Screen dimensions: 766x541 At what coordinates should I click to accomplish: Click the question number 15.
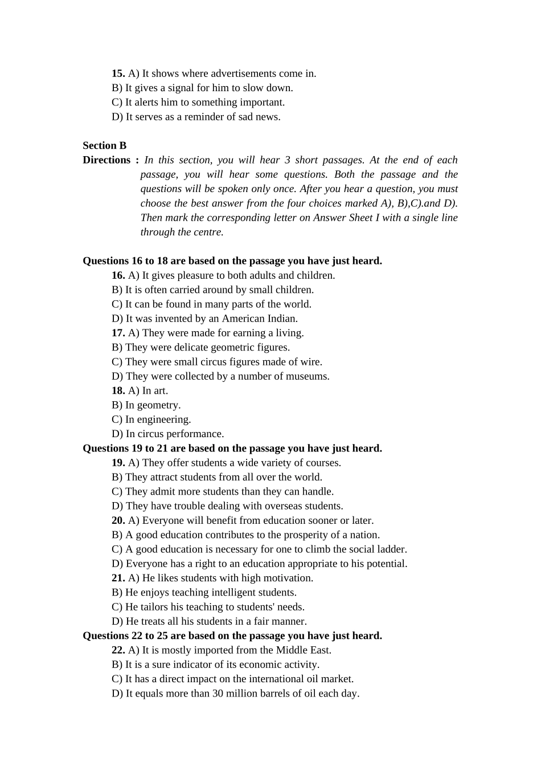click(118, 74)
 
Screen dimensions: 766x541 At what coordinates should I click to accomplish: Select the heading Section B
click(104, 145)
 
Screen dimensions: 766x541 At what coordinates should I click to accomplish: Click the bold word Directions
click(106, 160)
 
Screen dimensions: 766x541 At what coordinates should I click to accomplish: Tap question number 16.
click(118, 275)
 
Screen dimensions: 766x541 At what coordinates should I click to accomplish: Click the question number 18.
click(118, 390)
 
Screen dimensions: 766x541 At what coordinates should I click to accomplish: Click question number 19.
click(118, 463)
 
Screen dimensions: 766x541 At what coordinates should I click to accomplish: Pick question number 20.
click(118, 520)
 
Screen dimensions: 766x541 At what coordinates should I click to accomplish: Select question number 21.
click(118, 578)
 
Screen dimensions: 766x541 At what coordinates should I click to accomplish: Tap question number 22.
click(118, 650)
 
